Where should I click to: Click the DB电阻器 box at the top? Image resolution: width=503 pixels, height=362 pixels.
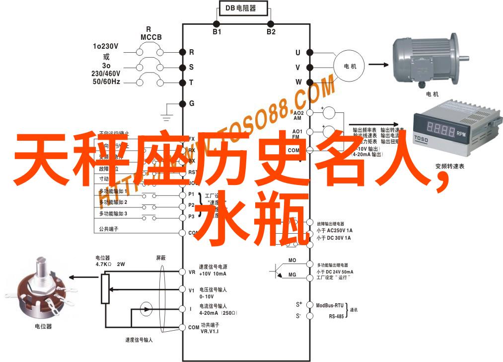point(243,8)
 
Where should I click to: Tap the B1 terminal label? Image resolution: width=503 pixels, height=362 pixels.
point(217,32)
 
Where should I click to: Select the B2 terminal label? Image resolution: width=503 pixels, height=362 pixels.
point(271,32)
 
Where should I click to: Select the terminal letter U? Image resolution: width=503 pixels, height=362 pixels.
point(298,52)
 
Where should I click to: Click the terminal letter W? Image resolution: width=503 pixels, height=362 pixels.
point(298,82)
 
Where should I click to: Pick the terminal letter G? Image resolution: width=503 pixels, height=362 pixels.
point(192,103)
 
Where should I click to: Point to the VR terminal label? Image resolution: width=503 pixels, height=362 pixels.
point(192,272)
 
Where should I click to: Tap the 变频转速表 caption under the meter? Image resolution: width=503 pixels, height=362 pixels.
point(449,167)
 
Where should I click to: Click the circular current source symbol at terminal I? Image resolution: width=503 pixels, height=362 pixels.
point(146,308)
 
